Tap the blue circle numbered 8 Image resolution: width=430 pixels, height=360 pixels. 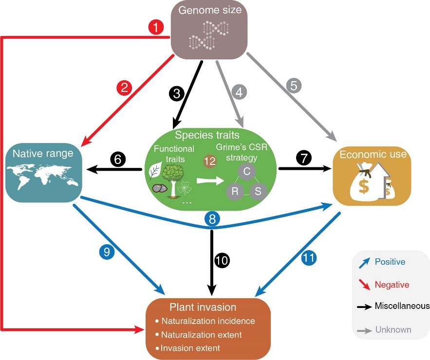(212, 218)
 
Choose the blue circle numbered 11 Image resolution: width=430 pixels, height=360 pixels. (308, 258)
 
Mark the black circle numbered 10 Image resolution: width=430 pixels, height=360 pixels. (222, 261)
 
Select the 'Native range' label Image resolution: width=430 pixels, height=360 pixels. (43, 154)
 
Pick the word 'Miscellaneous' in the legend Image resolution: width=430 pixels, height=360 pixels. (402, 306)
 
